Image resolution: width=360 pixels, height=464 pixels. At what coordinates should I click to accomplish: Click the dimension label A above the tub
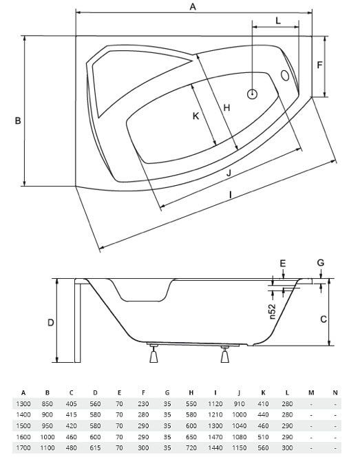click(193, 6)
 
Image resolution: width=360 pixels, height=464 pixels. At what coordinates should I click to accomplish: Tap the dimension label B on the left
click(18, 120)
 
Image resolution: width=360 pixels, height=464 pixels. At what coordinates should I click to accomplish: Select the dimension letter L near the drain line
click(278, 21)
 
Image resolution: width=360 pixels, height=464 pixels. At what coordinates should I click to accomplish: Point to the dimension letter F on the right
click(319, 65)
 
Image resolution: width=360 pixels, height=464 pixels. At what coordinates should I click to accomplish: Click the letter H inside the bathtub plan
click(226, 107)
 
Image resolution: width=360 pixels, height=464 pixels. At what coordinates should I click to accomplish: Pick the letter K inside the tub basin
click(195, 116)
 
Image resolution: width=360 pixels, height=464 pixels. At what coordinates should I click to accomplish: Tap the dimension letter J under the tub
click(229, 172)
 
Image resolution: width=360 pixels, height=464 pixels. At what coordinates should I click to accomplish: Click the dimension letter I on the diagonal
click(231, 194)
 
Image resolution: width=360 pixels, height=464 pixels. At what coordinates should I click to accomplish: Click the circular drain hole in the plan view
click(252, 94)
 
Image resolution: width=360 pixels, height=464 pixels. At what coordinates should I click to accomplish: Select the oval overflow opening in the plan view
click(285, 76)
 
